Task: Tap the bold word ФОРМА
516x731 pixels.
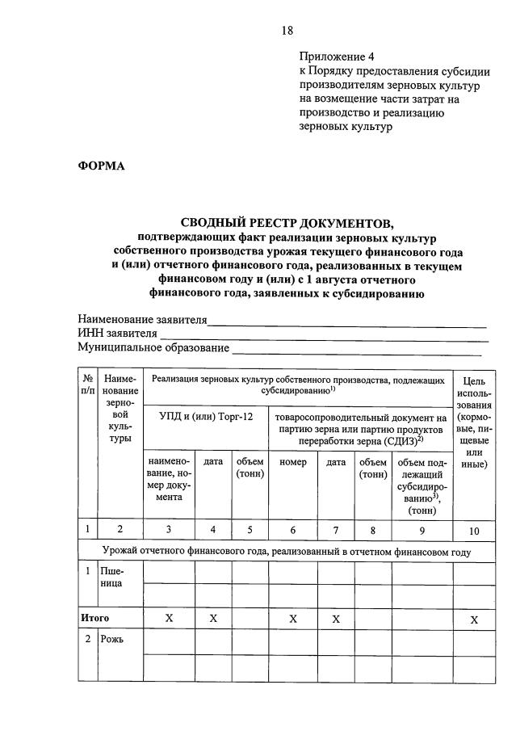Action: [x=101, y=166]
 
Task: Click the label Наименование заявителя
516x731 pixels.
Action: [x=142, y=319]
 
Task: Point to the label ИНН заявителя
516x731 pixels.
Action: [x=117, y=334]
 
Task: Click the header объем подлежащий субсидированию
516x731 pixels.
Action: [x=422, y=485]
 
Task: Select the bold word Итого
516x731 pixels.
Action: [x=95, y=618]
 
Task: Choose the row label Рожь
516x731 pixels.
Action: [x=113, y=639]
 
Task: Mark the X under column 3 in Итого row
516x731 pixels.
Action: [x=169, y=618]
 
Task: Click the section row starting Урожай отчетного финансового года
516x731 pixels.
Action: [x=287, y=552]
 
